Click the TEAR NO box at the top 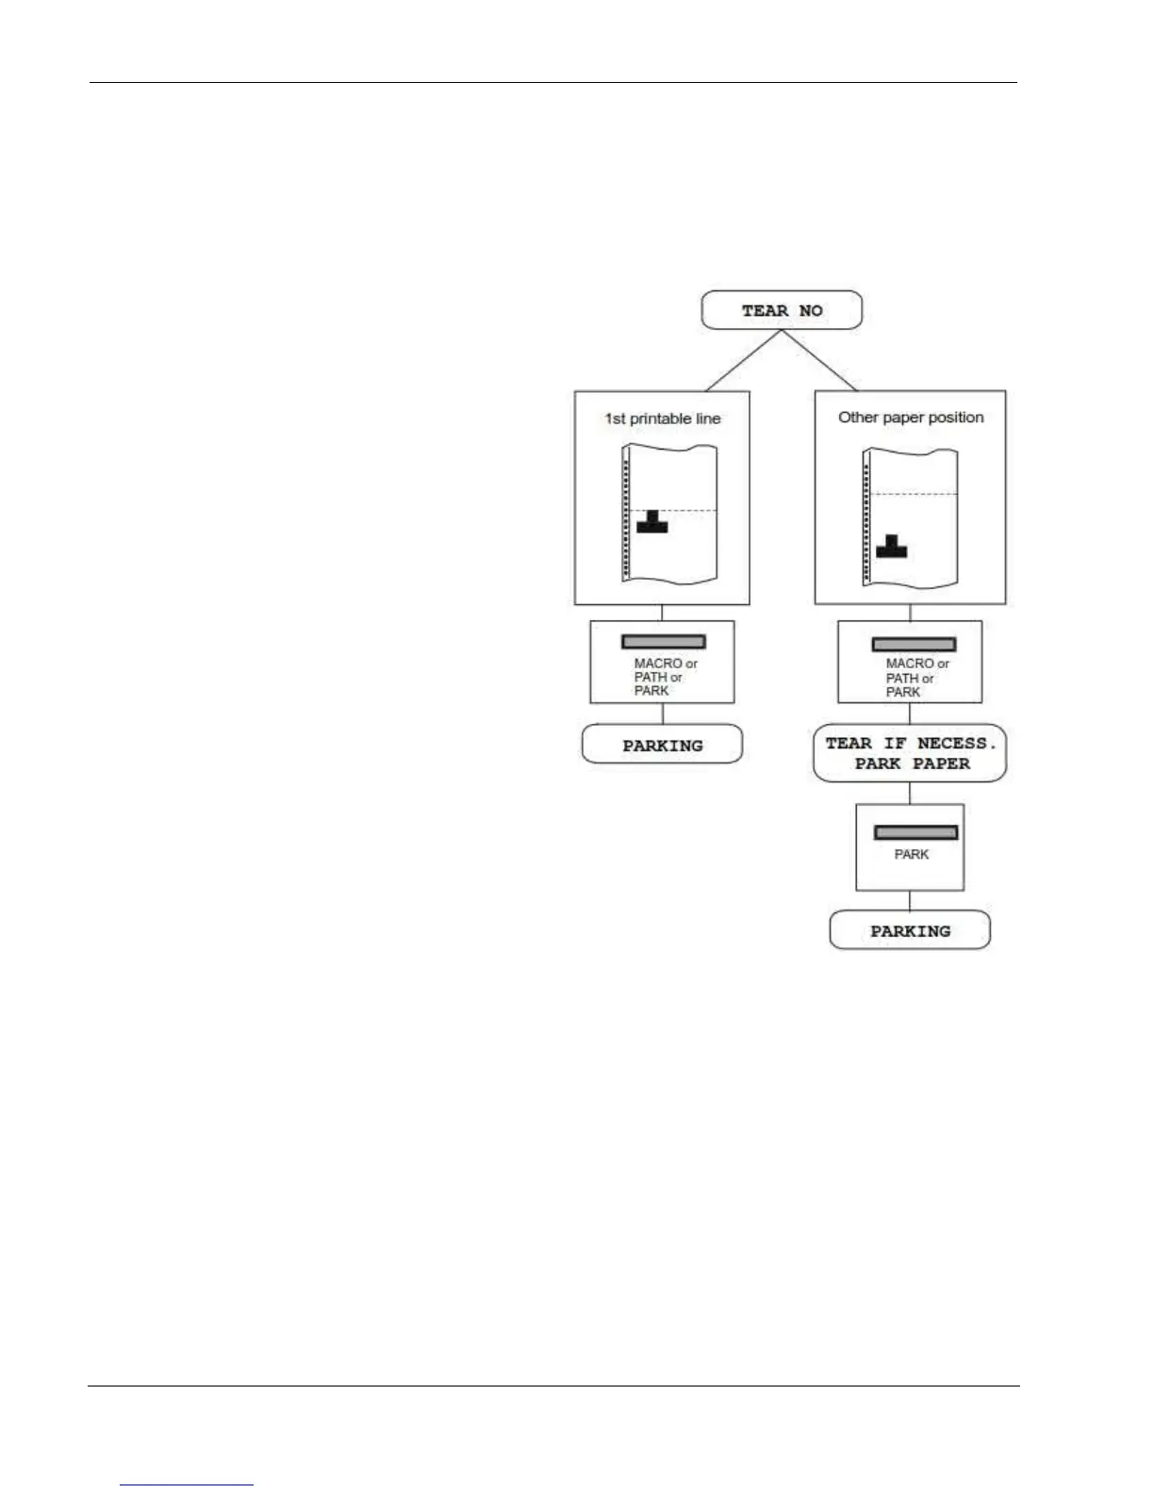point(782,310)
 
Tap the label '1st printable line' point(663,418)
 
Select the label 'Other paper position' point(911,417)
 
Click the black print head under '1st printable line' point(651,523)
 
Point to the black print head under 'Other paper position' point(891,548)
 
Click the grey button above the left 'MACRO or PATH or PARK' point(663,642)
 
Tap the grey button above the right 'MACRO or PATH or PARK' point(913,645)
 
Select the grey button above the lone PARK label point(915,832)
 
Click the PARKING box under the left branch point(662,745)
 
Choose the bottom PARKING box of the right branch point(910,930)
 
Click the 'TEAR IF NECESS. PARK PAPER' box point(910,753)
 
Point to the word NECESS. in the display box point(956,744)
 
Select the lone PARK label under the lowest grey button point(911,854)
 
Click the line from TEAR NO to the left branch point(743,360)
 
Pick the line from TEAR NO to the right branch point(819,360)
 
